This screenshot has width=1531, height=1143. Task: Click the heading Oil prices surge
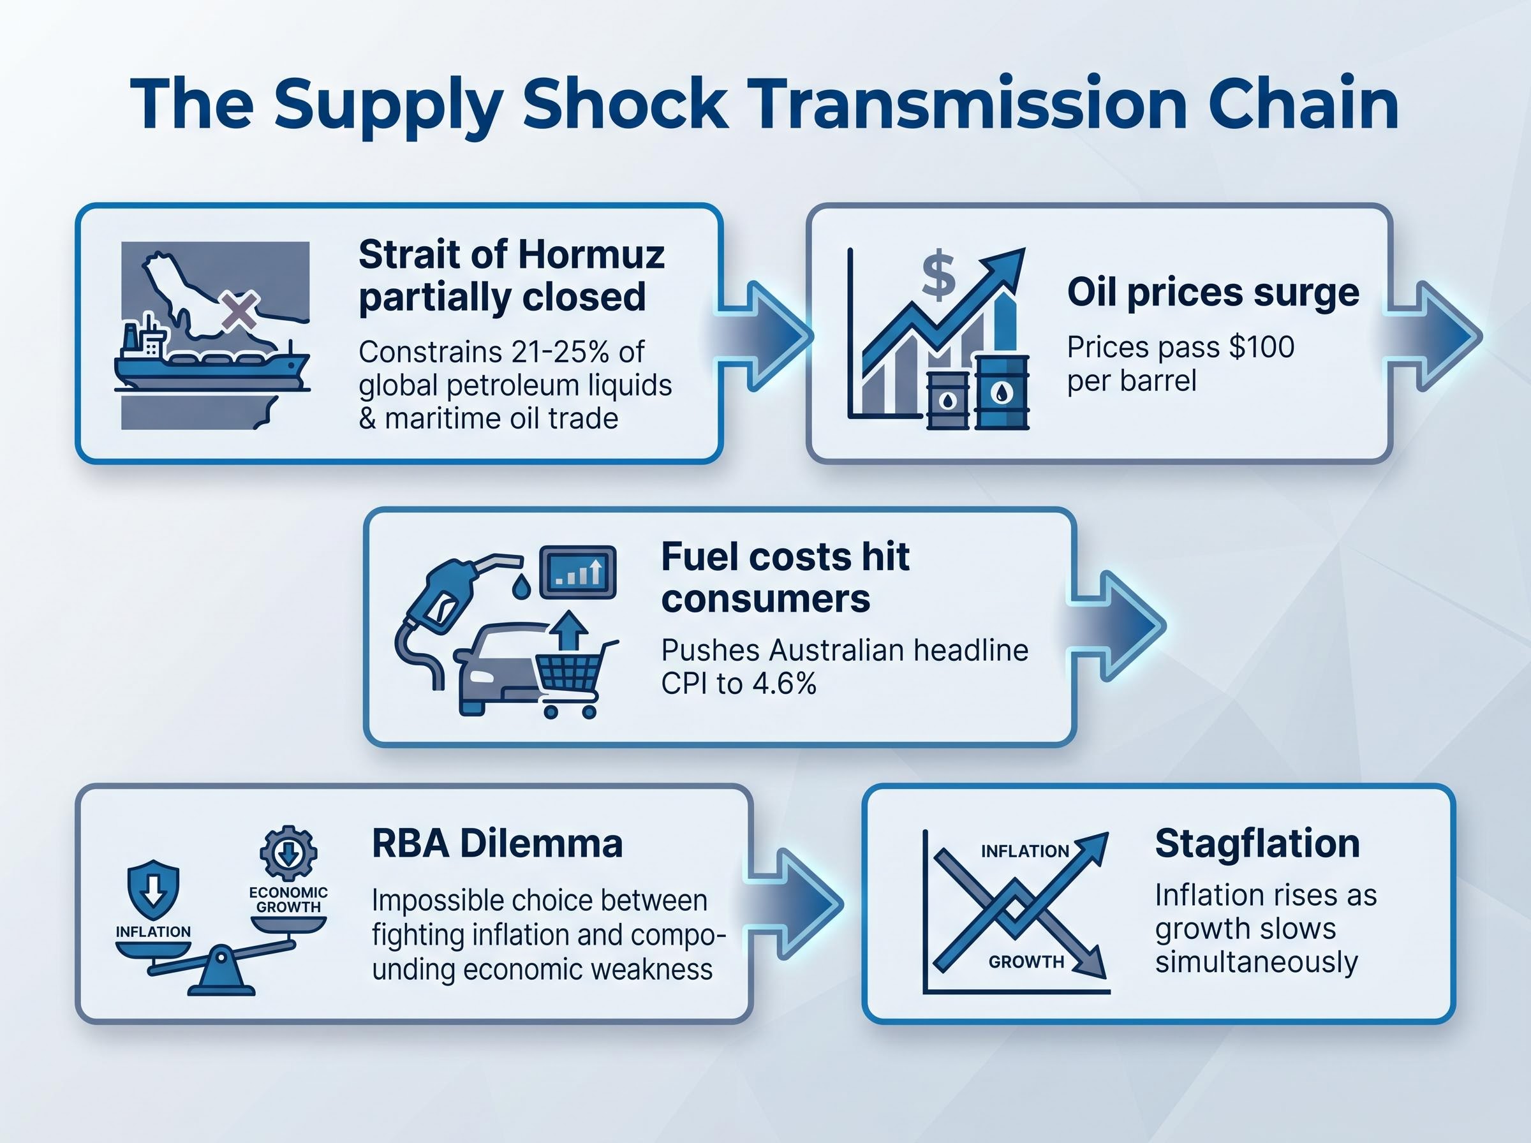(1213, 293)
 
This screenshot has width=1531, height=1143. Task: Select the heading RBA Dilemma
(497, 843)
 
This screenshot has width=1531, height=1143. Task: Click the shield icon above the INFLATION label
(154, 890)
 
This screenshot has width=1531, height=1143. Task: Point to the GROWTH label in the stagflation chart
(1026, 962)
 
